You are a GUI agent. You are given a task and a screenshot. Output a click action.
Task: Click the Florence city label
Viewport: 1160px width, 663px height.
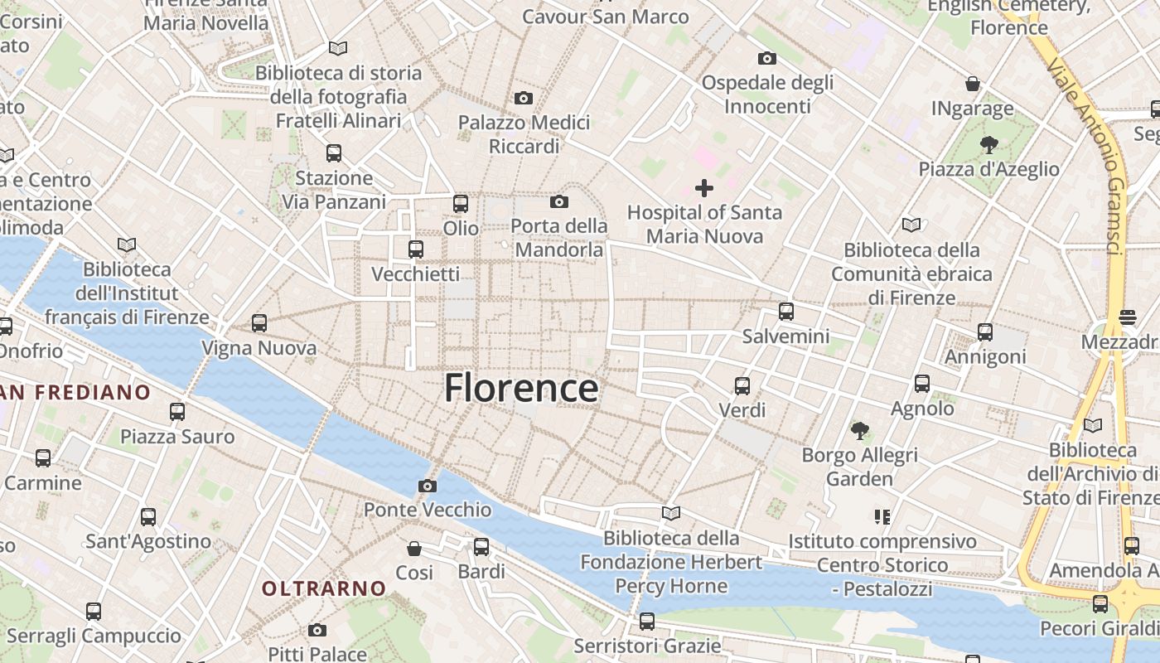521,388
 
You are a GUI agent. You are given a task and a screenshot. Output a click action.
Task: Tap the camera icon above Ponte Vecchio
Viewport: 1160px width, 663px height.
428,486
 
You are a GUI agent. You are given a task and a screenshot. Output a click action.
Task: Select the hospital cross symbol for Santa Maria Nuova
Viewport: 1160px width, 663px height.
703,188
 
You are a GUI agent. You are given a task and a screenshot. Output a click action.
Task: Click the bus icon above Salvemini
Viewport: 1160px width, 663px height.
785,312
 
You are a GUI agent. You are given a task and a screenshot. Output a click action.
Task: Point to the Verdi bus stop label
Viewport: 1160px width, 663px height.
742,410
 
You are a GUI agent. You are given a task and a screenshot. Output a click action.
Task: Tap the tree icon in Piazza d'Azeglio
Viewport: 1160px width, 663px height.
988,145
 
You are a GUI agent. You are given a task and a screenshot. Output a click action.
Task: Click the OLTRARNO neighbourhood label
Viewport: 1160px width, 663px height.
324,588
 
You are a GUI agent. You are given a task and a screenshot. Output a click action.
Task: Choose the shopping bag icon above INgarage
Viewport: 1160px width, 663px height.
973,84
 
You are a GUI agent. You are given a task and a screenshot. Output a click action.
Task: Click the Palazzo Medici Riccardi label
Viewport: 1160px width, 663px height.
524,134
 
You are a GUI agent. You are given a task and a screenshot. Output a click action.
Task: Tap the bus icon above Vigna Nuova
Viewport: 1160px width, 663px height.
259,323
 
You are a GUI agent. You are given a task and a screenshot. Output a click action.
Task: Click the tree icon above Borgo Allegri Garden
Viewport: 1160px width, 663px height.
860,430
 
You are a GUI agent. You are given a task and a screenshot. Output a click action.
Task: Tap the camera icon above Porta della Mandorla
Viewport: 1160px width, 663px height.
559,201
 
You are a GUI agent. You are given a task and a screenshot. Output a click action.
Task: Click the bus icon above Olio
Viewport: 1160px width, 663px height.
461,203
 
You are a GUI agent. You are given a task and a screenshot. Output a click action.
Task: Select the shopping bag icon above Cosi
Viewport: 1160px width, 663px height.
414,549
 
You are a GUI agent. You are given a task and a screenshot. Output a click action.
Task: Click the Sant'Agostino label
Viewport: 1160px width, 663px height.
148,541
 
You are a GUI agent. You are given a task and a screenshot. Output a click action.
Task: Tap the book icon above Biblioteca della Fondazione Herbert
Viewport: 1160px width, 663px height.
671,513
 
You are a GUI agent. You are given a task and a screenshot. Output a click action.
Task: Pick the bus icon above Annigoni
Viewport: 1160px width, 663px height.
985,332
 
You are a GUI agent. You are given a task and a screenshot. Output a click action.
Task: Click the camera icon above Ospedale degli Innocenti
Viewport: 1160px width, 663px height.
767,58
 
